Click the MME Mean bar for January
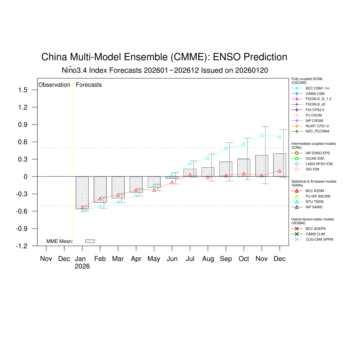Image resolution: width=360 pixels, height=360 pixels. pos(82,193)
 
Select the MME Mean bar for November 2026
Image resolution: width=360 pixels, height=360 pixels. pos(262,166)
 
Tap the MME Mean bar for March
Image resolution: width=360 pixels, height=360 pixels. pos(118,187)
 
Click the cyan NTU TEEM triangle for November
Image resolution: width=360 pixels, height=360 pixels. pos(262,135)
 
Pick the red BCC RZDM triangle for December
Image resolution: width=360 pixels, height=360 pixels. pos(279,171)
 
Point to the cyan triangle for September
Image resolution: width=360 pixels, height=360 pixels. pos(226,148)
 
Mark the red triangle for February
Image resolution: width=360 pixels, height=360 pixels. pos(100,199)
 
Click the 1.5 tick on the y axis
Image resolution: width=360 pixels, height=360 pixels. pos(23,90)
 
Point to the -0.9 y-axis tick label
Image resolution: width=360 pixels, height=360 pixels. pos(21,229)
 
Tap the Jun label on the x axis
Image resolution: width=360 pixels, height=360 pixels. pos(172,259)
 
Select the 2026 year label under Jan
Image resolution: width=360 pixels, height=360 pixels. pos(82,266)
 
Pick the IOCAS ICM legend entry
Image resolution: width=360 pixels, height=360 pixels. pos(314,159)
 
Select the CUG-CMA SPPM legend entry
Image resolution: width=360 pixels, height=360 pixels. pos(319,239)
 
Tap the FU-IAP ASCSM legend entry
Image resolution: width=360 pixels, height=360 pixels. pos(317,196)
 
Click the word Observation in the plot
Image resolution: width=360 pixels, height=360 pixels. pos(54,85)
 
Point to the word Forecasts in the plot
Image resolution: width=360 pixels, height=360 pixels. pos(89,85)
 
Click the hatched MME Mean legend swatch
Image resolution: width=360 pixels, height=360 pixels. pos(90,241)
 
